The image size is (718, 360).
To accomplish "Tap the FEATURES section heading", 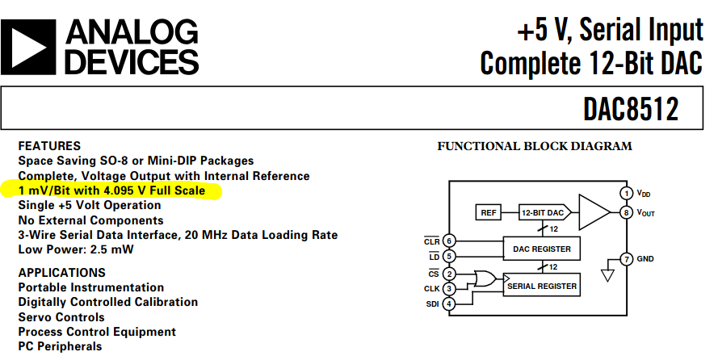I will coord(49,146).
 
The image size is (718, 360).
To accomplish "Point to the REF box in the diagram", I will coord(488,213).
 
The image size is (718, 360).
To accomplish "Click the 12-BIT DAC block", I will coord(544,213).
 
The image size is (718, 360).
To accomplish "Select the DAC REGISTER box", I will coord(541,249).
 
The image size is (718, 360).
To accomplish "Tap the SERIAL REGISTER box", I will coord(541,285).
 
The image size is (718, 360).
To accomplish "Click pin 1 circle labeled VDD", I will coord(626,193).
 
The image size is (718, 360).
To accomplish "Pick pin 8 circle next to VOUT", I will coord(626,213).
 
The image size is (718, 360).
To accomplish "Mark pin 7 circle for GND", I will coord(626,259).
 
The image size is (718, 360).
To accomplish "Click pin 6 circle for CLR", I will coord(449,241).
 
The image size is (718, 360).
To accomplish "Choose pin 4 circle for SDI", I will coord(449,303).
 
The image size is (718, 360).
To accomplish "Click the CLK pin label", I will coord(432,288).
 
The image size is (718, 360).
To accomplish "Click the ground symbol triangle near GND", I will coord(608,275).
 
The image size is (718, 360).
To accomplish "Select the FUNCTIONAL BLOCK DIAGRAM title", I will coord(534,146).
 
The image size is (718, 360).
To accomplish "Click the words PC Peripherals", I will coord(61,346).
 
